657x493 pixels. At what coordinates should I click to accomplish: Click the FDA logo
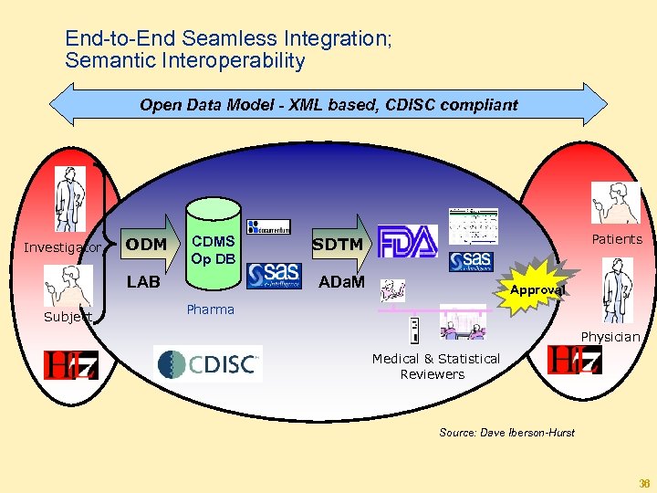coord(408,241)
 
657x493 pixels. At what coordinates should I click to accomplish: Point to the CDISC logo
coord(209,364)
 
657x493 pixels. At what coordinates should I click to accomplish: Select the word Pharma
coord(210,309)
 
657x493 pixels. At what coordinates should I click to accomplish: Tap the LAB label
coord(143,282)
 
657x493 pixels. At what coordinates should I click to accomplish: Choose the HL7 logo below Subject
coord(70,365)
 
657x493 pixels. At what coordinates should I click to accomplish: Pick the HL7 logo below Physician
coord(574,360)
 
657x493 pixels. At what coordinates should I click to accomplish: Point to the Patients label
coord(617,239)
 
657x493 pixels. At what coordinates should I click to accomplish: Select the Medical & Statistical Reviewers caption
coord(435,366)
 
